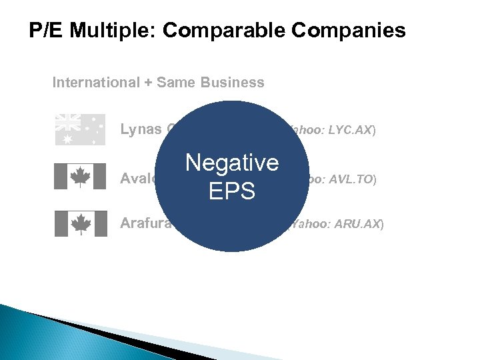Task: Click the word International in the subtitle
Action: click(x=94, y=83)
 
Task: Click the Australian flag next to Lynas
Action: click(x=80, y=129)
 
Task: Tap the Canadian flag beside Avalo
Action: click(x=80, y=177)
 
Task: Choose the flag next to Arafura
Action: click(x=80, y=223)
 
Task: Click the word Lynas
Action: click(x=141, y=129)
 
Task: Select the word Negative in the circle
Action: click(x=232, y=162)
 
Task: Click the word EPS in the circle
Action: click(x=232, y=191)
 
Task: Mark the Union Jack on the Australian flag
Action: click(x=67, y=121)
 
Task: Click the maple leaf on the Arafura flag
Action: click(x=81, y=223)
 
